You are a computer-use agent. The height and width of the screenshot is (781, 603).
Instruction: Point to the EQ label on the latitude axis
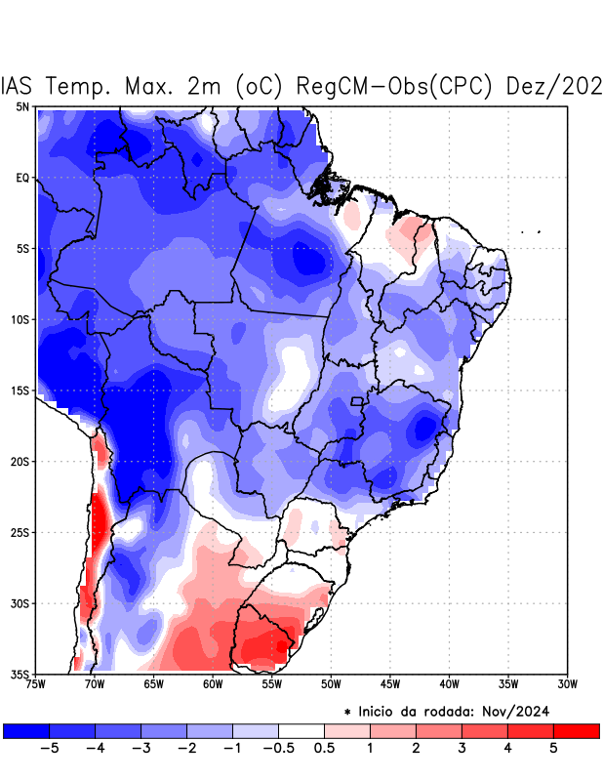(x=22, y=178)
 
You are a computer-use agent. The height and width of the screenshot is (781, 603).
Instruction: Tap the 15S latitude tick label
(x=20, y=390)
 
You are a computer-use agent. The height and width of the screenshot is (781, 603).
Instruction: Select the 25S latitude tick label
(x=20, y=532)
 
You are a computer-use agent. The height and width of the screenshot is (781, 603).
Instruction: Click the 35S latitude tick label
(x=20, y=674)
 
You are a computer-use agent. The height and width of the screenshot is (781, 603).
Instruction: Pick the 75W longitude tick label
(x=36, y=684)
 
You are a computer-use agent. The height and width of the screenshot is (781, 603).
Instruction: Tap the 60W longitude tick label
(x=213, y=684)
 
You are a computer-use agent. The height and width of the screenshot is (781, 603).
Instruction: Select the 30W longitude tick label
(x=567, y=684)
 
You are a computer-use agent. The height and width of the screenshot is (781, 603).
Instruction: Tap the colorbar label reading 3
(x=462, y=748)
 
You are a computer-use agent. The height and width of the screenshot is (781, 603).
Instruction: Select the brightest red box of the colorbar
(x=576, y=730)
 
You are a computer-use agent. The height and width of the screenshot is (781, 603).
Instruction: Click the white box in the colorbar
(x=301, y=730)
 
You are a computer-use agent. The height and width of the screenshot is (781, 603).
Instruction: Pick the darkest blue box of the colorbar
(x=26, y=730)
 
